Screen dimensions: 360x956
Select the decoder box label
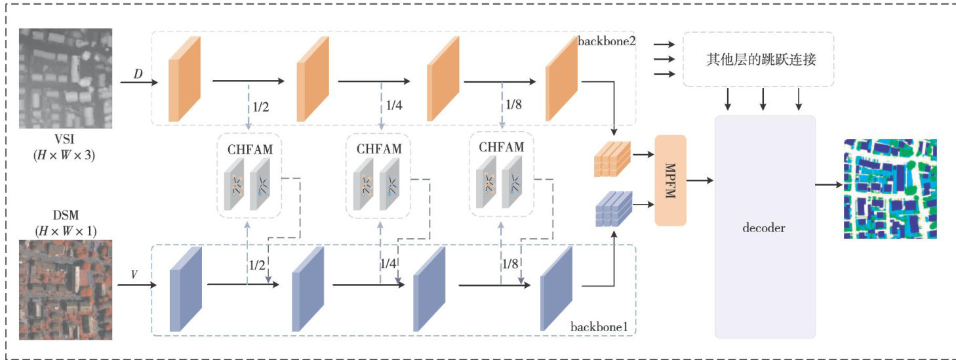763,228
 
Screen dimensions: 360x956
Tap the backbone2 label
606,41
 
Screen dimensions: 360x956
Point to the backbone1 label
597,326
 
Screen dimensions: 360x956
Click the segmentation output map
889,188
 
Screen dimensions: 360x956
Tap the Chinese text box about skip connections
759,60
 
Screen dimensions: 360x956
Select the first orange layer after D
184,80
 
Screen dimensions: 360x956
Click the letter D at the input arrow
138,73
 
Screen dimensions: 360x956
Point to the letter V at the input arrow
134,274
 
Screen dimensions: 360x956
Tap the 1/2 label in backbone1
257,266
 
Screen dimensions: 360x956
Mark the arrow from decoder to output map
827,184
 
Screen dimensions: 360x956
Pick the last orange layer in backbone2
560,80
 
